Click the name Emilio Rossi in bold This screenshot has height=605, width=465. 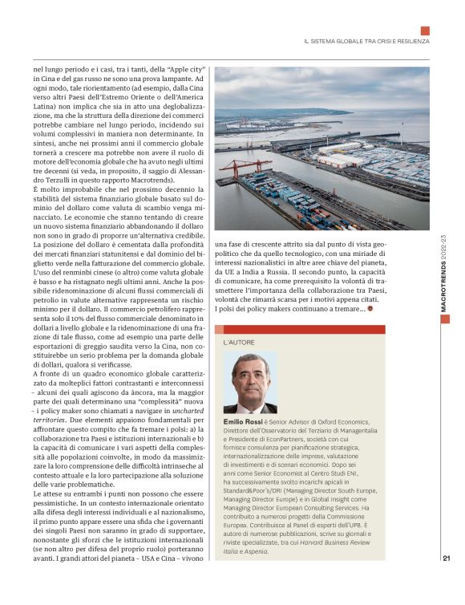coord(244,421)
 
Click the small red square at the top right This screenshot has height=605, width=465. coord(425,30)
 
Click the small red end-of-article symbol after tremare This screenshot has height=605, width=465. coord(370,309)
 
